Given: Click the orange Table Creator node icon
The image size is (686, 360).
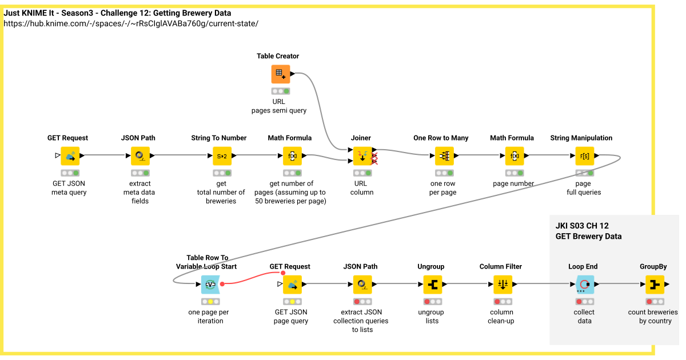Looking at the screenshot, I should click(x=280, y=74).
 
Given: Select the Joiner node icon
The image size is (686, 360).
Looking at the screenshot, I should click(x=361, y=155).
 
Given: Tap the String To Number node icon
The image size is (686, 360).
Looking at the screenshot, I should click(x=222, y=155).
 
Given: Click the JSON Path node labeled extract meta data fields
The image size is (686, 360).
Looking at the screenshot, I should click(x=139, y=155).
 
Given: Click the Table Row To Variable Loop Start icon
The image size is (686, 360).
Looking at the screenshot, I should click(x=210, y=284).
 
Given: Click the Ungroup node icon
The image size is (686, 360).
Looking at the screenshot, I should click(x=432, y=284).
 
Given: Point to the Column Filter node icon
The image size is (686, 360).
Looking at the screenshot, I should click(x=502, y=284).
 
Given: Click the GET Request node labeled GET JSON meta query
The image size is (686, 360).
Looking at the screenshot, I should click(x=70, y=155).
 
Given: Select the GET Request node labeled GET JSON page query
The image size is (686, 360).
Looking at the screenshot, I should click(x=292, y=284).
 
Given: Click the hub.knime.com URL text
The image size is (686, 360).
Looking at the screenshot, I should click(x=131, y=23).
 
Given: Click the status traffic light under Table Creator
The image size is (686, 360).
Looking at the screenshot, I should click(x=280, y=91).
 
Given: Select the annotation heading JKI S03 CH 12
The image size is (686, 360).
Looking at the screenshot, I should click(x=582, y=226).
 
